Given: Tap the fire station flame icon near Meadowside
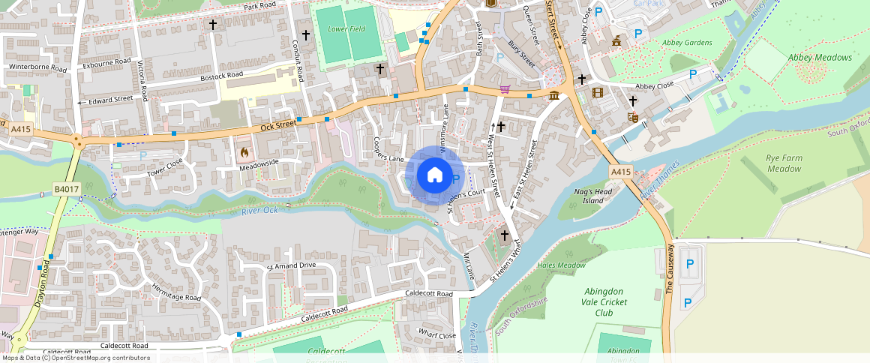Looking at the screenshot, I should [x=244, y=151].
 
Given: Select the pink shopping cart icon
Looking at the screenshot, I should [x=505, y=89].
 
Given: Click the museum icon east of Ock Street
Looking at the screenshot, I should [x=554, y=95].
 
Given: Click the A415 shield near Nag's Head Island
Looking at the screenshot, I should [x=620, y=172].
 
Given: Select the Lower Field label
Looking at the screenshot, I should [x=346, y=30].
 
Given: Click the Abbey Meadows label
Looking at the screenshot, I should [x=820, y=58].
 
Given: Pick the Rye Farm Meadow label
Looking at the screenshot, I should [x=784, y=163].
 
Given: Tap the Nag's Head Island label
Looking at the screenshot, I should [x=589, y=196].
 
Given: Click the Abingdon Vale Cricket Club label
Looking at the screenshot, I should [x=604, y=301].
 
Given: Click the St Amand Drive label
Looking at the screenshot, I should [x=291, y=266].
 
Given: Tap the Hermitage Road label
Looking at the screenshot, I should [x=177, y=292].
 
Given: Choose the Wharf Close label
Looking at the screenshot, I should [x=437, y=335].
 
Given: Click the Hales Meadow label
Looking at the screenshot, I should [x=561, y=265].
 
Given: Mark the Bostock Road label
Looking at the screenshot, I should [x=221, y=76].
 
